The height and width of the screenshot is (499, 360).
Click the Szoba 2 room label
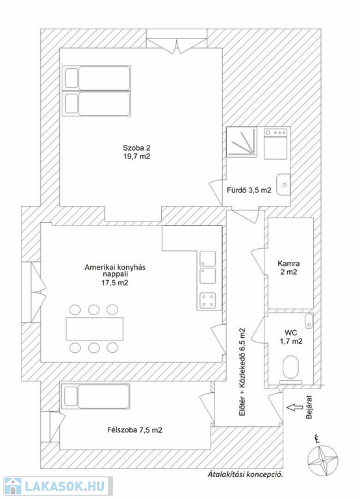136,152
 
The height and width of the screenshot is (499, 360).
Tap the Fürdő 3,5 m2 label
249,190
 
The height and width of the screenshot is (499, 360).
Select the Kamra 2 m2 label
289,268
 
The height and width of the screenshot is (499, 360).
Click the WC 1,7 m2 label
291,337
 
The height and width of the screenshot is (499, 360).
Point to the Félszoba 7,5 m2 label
135,430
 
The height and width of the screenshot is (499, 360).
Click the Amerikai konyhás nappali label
115,275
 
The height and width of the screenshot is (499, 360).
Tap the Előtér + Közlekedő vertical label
242,372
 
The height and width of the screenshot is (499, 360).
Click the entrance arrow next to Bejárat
294,407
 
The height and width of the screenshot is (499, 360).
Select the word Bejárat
309,407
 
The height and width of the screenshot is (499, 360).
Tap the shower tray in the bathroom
242,142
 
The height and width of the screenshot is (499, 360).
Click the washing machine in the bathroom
276,143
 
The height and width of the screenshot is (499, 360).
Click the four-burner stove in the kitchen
207,301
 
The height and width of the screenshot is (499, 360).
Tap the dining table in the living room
94,329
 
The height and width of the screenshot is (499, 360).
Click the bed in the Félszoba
96,396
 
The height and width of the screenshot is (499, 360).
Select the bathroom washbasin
283,185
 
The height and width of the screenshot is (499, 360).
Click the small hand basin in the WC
309,321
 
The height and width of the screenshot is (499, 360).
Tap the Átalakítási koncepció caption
245,474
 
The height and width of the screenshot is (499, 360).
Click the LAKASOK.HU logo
58,486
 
